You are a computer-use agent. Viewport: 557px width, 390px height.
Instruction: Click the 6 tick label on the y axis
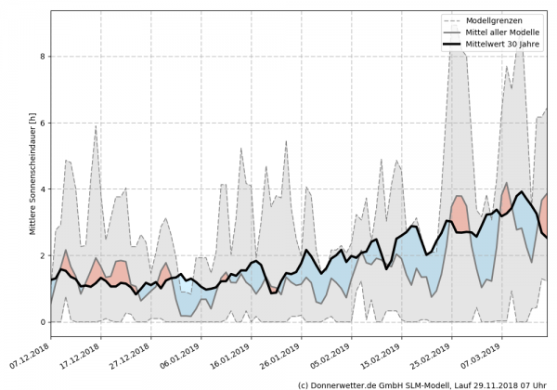point(42,123)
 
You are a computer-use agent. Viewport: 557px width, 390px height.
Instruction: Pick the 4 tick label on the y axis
point(42,189)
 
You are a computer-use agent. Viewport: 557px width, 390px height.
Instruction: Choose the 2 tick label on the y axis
point(42,255)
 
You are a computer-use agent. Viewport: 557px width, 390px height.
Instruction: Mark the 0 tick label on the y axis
point(42,322)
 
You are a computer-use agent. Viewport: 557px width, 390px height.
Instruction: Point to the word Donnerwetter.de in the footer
point(351,383)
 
